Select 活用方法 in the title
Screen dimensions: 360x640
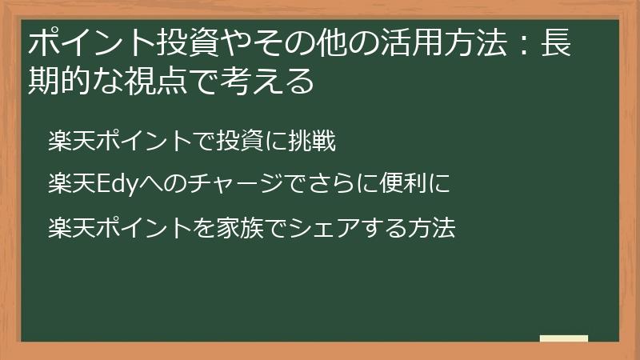424,43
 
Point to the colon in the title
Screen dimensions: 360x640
514,45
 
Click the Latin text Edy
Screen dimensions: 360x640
114,186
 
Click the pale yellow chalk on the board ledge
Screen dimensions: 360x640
563,338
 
